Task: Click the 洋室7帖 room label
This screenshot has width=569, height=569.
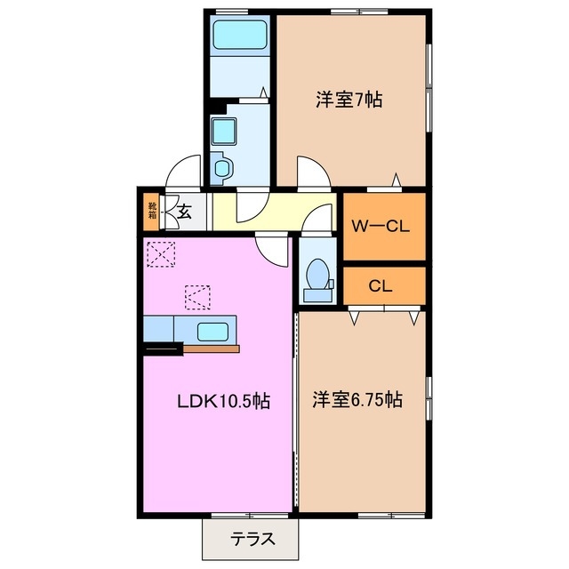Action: (x=349, y=100)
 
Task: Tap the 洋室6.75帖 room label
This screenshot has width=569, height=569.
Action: (x=357, y=401)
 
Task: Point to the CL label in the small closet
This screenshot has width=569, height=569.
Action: (x=381, y=286)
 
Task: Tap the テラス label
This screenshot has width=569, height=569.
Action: (x=252, y=538)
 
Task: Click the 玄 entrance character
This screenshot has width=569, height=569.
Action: (x=184, y=212)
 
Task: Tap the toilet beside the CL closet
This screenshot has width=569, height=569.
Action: (x=315, y=275)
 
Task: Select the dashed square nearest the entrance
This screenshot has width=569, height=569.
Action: (x=163, y=255)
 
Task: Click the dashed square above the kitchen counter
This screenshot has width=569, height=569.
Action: (x=198, y=294)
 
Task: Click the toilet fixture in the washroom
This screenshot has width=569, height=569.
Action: (x=222, y=167)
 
